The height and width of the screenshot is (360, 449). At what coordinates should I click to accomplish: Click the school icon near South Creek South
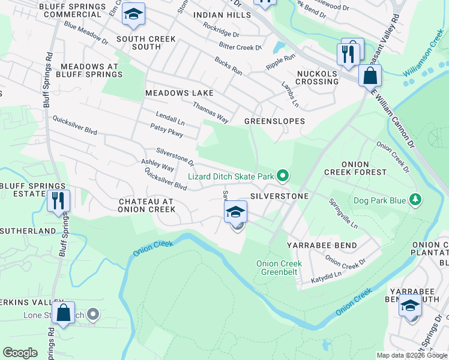[133, 15]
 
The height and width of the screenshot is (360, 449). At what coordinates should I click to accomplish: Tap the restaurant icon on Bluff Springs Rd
[58, 201]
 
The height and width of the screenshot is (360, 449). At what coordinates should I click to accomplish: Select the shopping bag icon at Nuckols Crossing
[370, 76]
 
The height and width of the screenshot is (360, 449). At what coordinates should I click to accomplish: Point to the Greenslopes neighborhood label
[274, 121]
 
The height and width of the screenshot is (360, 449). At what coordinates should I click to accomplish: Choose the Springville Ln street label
[343, 214]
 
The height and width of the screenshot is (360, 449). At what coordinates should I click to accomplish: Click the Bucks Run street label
[228, 67]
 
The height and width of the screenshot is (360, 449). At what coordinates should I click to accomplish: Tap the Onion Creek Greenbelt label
[279, 267]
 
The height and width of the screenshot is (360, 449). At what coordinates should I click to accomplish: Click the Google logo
[20, 353]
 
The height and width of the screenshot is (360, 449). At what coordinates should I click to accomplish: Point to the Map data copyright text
[412, 355]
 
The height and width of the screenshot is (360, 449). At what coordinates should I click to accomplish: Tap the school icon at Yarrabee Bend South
[410, 306]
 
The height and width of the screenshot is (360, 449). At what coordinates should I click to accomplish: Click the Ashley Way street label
[157, 165]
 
